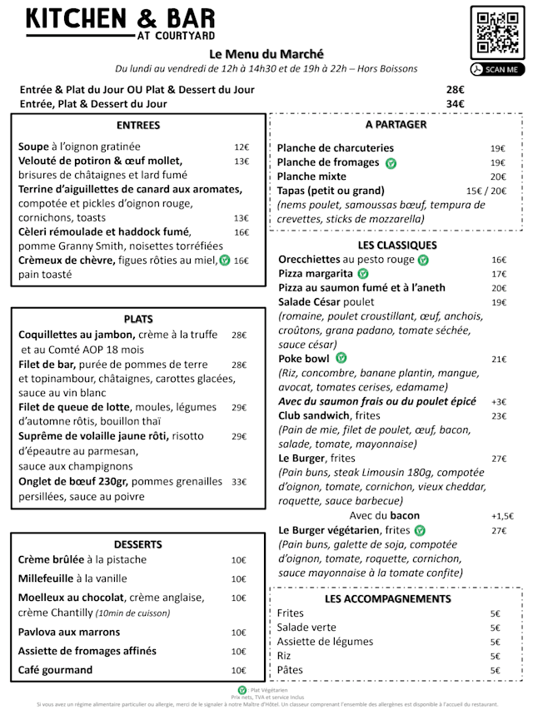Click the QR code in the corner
click(498, 33)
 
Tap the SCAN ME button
click(497, 70)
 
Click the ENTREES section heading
click(138, 126)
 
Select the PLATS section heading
click(138, 319)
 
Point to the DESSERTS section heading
click(138, 544)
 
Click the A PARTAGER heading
click(396, 125)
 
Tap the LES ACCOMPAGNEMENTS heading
click(388, 598)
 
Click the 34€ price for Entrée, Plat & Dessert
click(455, 104)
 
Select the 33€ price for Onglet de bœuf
click(239, 482)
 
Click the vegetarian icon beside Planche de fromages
click(391, 163)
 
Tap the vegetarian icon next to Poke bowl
click(341, 359)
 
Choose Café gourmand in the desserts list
click(56, 670)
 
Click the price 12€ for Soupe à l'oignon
click(242, 146)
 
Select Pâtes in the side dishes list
click(291, 670)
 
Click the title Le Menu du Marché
click(266, 54)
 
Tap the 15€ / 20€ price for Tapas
click(486, 191)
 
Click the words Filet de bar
click(47, 365)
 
